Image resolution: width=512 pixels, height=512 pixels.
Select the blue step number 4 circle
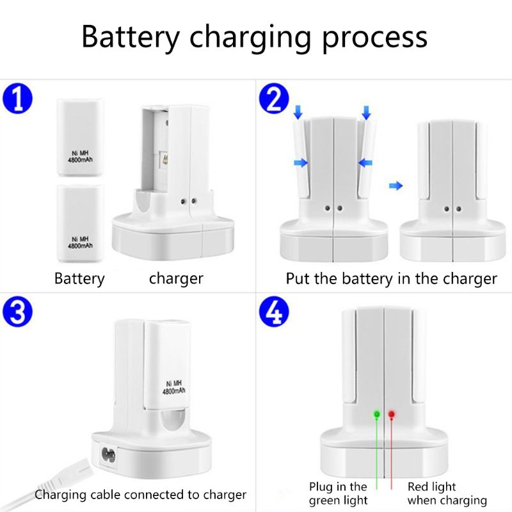[x=274, y=313]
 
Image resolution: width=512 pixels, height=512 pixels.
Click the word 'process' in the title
[x=374, y=38]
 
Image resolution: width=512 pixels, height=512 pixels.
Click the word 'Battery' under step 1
[x=79, y=279]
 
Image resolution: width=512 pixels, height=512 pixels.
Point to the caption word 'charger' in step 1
[x=176, y=279]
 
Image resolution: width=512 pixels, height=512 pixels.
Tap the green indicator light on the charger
[x=377, y=414]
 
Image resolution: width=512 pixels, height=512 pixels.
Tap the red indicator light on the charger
[x=392, y=414]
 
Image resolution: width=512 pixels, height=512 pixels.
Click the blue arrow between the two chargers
[x=397, y=186]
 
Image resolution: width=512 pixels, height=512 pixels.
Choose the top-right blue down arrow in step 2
[x=366, y=114]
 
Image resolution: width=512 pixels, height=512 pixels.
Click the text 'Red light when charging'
[x=447, y=494]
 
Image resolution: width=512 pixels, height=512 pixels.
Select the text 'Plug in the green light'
[x=338, y=494]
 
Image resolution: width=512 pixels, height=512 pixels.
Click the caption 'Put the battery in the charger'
[x=391, y=279]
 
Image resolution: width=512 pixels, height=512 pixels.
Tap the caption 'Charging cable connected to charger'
[x=140, y=495]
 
